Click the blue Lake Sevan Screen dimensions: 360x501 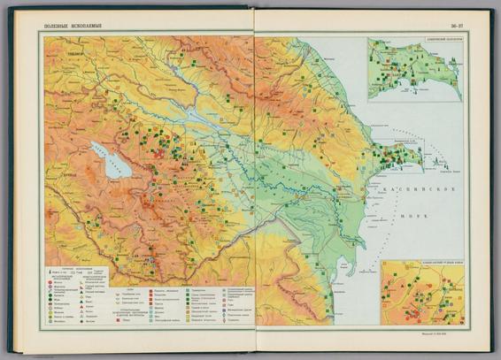109,159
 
